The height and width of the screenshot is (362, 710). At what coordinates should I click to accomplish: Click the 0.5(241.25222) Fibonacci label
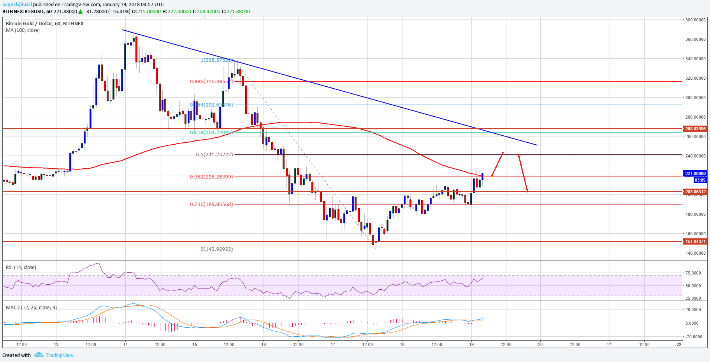214,154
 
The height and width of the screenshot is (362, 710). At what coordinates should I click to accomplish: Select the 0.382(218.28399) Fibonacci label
211,177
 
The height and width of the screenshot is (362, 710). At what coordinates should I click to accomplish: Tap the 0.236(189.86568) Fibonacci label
211,204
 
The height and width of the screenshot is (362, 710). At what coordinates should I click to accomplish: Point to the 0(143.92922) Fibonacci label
216,249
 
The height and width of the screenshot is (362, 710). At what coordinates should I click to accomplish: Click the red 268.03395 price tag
695,129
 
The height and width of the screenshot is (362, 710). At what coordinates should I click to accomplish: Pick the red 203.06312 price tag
695,192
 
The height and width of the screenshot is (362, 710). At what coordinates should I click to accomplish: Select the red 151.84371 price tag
695,241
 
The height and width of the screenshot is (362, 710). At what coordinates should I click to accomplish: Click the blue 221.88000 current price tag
695,173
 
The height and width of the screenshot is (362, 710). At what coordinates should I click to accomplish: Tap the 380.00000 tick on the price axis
695,20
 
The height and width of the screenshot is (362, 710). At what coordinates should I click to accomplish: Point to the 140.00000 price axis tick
695,253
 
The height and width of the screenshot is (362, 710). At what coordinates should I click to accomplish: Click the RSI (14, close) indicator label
21,267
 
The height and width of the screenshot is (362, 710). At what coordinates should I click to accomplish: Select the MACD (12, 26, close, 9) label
31,307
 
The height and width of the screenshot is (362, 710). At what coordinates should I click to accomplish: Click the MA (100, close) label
23,30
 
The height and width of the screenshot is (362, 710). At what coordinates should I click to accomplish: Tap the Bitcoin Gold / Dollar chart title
44,23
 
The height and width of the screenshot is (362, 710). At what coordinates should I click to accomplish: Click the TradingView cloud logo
39,355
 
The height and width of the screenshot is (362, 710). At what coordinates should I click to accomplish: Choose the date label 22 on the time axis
679,344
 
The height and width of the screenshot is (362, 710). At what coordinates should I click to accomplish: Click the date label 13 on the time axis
56,344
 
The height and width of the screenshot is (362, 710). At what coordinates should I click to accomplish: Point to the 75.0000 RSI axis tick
693,273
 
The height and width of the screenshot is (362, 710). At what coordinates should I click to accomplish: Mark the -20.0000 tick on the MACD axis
694,337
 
